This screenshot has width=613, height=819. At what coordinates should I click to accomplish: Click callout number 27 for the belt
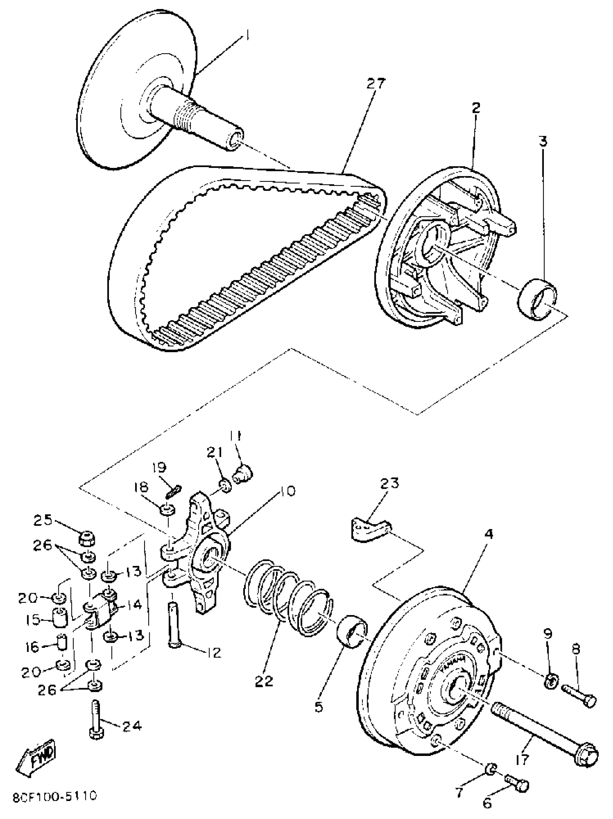tap(376, 84)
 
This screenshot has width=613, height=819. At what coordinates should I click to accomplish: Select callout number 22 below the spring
tap(264, 681)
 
